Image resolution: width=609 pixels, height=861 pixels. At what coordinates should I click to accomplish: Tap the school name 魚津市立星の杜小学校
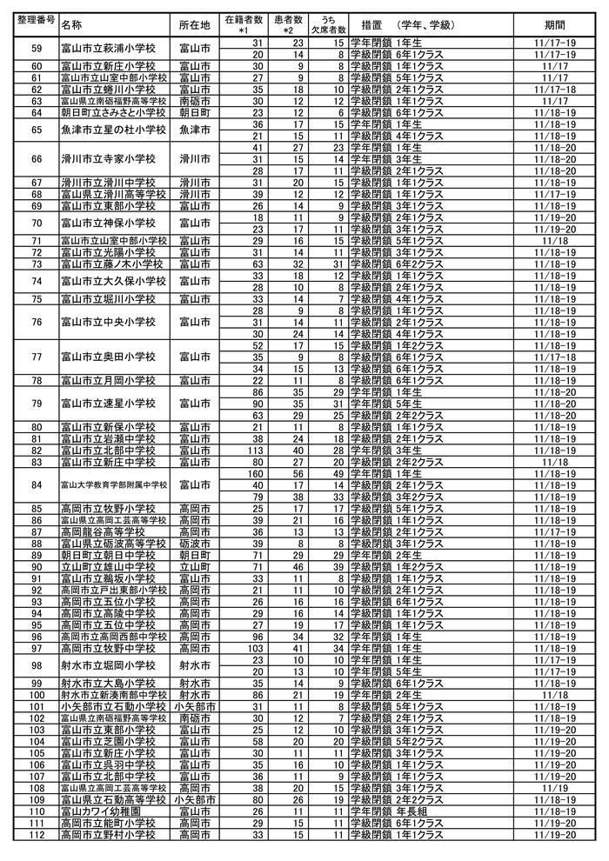[109, 130]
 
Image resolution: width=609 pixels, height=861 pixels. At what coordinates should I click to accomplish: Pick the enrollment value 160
[255, 474]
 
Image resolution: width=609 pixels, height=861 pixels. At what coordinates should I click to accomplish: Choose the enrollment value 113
[255, 450]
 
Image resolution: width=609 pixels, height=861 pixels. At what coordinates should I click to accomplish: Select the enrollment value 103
[255, 648]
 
